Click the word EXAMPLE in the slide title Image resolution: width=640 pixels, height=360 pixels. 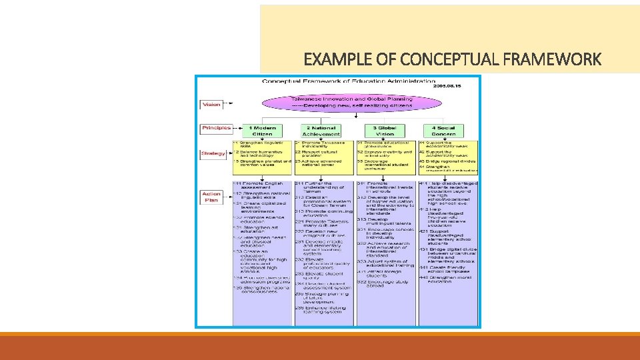(333, 60)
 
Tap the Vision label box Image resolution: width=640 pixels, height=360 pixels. (211, 105)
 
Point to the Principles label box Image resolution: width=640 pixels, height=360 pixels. (215, 128)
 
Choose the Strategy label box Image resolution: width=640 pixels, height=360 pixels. (213, 154)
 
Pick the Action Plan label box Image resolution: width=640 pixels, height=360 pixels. (212, 197)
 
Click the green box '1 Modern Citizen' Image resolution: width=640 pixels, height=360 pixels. (263, 131)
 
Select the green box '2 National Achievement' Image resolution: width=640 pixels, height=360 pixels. (321, 131)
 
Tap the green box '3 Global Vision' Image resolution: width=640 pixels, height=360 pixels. (385, 131)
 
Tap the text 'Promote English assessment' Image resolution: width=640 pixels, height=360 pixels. (261, 185)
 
